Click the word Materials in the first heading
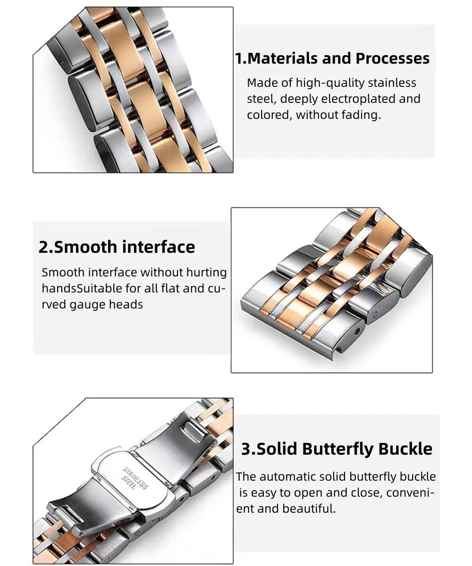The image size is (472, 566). [282, 58]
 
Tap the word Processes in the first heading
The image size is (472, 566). [392, 58]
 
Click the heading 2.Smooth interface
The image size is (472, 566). [117, 247]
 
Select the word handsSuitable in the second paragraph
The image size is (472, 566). [82, 288]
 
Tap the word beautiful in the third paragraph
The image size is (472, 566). [309, 508]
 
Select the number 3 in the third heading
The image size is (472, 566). [246, 449]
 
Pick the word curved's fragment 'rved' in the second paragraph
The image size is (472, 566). [54, 305]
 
